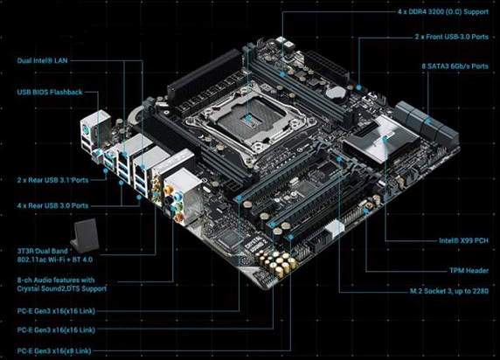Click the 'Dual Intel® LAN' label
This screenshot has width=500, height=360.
43,60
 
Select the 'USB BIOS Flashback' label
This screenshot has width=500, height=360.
50,92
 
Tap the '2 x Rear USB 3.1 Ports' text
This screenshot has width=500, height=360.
52,180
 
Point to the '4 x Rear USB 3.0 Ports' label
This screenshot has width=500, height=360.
52,205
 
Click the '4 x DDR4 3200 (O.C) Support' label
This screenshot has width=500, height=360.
443,12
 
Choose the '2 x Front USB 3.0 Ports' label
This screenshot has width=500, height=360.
452,37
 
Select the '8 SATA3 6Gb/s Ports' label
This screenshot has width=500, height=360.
455,66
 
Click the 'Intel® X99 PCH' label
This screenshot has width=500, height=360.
463,240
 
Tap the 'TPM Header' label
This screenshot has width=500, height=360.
469,271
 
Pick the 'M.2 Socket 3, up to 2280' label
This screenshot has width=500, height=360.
449,291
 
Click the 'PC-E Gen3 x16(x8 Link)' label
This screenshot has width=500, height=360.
54,351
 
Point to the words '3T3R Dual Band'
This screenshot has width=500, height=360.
43,251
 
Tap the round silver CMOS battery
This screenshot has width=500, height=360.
335,92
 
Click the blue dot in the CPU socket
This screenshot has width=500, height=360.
247,119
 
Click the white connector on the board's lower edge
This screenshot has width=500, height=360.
335,229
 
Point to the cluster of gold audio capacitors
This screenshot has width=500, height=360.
276,262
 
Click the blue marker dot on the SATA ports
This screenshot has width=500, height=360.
427,121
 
